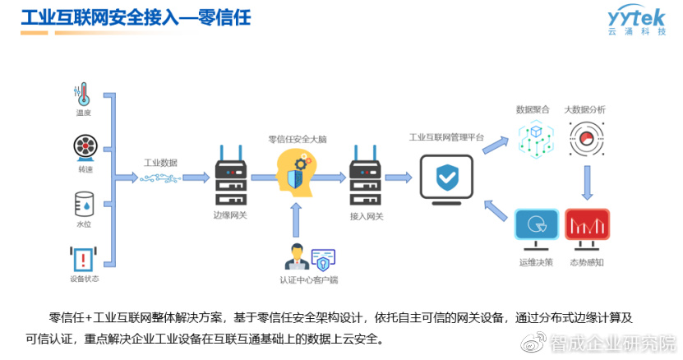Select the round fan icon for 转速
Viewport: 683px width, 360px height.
pos(84,148)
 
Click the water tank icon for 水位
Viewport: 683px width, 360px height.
pos(84,202)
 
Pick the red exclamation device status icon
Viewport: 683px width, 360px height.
pos(84,259)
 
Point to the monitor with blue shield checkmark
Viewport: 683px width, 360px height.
pos(446,178)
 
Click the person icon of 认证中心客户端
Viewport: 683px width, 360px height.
pos(294,258)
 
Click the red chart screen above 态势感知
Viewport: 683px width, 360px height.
pos(586,228)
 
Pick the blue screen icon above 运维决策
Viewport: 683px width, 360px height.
pos(535,228)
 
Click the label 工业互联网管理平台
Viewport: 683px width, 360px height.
pos(446,137)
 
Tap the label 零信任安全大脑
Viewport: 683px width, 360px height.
pos(297,140)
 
